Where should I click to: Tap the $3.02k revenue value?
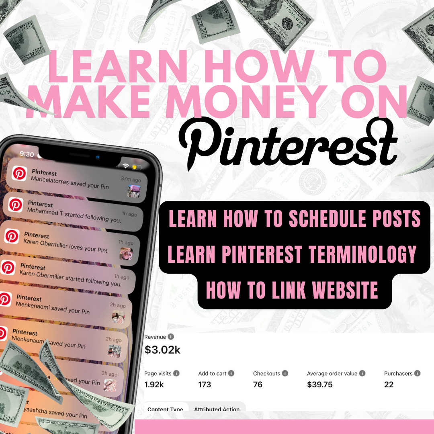point(162,350)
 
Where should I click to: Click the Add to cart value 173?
point(205,385)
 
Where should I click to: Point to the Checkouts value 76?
point(258,385)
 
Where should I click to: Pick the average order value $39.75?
point(319,385)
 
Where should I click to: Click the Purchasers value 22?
point(389,385)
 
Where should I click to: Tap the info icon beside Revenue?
point(171,337)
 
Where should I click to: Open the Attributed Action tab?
point(217,409)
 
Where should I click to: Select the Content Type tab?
point(165,409)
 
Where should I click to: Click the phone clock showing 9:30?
point(27,154)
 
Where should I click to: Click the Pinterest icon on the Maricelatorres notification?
point(19,174)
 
